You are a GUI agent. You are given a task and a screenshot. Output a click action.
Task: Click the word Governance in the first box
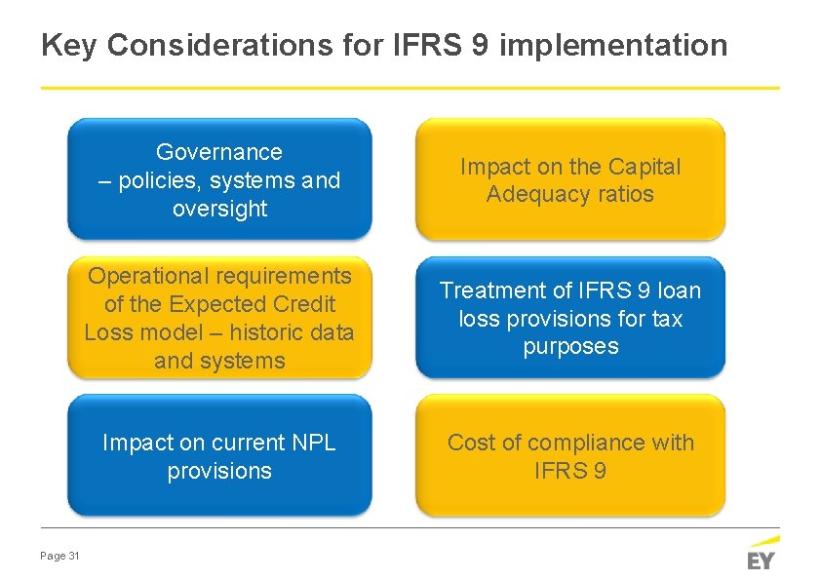click(x=219, y=152)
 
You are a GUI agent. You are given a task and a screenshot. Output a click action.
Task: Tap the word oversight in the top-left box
click(x=219, y=209)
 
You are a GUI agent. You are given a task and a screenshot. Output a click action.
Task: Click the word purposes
click(x=570, y=347)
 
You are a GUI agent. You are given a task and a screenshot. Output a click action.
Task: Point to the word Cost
click(x=469, y=443)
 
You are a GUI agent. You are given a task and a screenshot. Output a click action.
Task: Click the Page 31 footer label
click(x=59, y=556)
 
